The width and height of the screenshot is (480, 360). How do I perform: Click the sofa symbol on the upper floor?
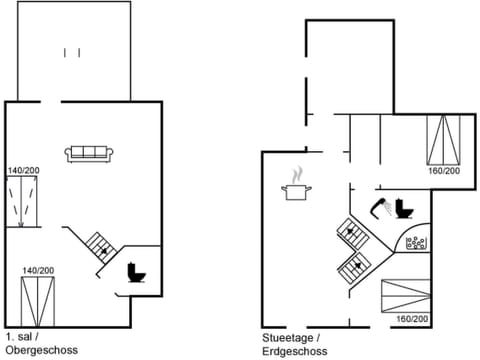(x=90, y=153)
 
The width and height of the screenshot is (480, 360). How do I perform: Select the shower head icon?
(x=379, y=207)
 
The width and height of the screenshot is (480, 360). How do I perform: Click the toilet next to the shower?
(x=404, y=209)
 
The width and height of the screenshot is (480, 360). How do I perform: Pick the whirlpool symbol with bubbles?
(x=416, y=241)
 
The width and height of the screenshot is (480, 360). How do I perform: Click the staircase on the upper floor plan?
(x=99, y=243)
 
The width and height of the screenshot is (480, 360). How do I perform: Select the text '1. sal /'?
(x=22, y=338)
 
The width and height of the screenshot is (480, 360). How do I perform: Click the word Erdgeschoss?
(x=296, y=350)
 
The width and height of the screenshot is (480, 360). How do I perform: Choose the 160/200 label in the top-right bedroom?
(x=443, y=171)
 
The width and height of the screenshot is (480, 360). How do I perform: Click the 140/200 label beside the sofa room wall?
(x=25, y=170)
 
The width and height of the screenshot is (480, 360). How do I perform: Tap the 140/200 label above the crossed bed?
(x=38, y=270)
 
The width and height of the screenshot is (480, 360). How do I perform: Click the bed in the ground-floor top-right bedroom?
(x=444, y=139)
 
